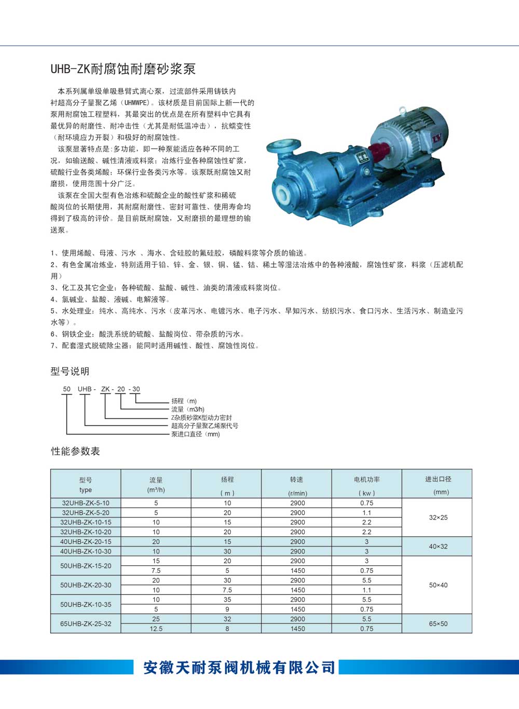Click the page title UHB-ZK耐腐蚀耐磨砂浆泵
coord(122,69)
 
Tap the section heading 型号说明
coord(70,371)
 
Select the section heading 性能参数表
coord(75,451)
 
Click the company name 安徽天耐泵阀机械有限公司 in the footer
coord(239,667)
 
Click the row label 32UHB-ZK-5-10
coord(86,503)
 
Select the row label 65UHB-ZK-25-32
coord(86,623)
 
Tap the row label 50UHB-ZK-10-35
coord(86,604)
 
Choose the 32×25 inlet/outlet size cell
coord(438,517)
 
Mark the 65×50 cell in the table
coord(438,623)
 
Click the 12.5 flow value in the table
coord(156,629)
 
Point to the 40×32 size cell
coord(438,547)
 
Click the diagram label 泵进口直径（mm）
coord(196,434)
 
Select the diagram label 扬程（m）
coord(184,401)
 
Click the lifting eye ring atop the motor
coord(401,110)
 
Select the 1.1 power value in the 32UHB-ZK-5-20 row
coord(366,513)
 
